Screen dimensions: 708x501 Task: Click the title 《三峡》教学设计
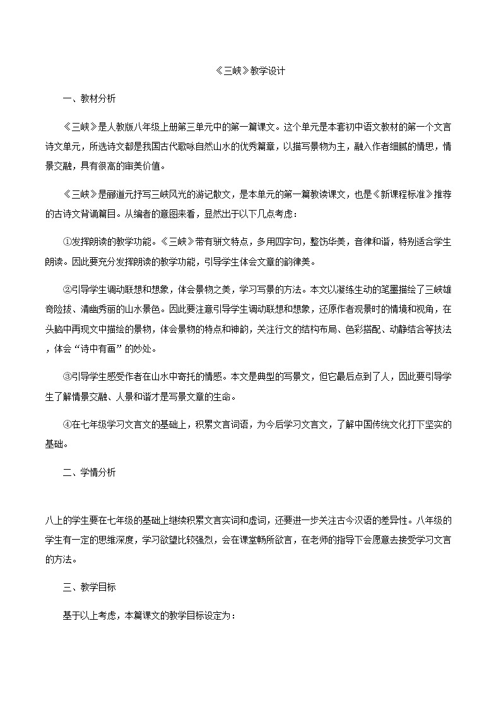click(250, 71)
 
